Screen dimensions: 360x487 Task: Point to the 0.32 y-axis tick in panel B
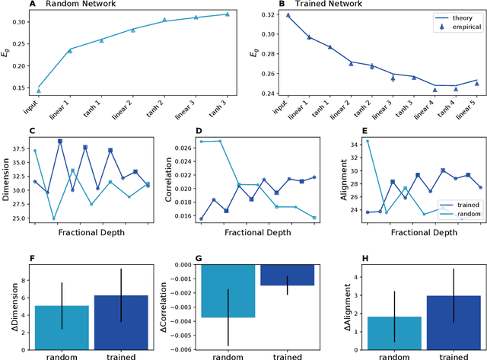267,15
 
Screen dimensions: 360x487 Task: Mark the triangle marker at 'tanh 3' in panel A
227,14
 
